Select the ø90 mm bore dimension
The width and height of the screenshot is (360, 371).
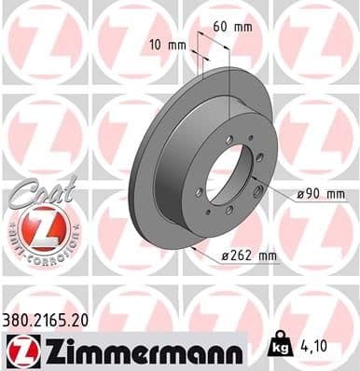click(319, 194)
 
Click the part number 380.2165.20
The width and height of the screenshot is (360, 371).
click(52, 319)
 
